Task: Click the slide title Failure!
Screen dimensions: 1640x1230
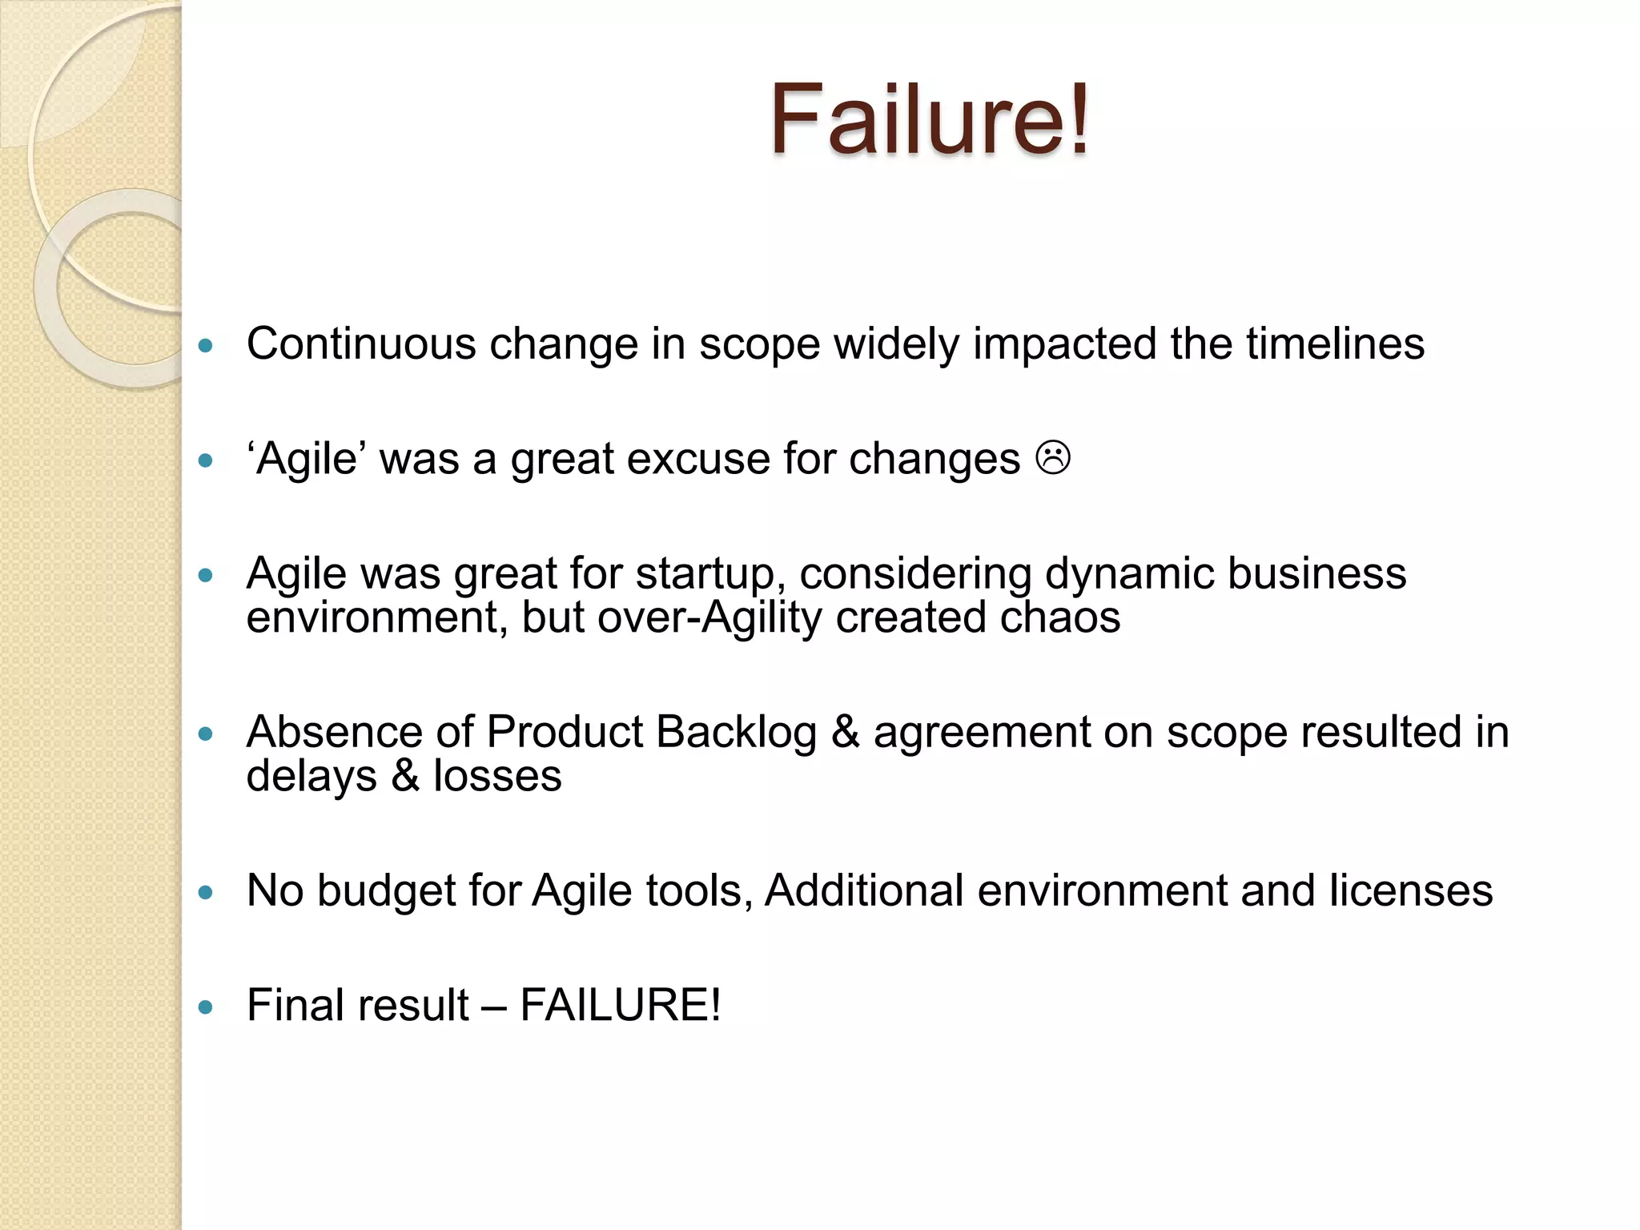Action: (x=929, y=120)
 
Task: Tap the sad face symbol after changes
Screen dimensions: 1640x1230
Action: (x=1053, y=458)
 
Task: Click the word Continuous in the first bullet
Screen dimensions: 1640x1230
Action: (x=361, y=344)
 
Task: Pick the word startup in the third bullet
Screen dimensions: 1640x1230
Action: (x=705, y=575)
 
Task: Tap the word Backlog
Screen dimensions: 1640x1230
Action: (x=736, y=732)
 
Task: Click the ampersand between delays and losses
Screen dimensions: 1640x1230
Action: (x=405, y=775)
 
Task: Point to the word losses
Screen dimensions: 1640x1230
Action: (x=497, y=775)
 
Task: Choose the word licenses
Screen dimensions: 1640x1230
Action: (x=1411, y=890)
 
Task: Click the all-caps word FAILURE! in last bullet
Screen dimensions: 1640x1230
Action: (x=620, y=1005)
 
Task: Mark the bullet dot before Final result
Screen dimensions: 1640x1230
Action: (x=206, y=1007)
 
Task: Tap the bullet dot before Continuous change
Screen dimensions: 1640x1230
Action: (x=206, y=346)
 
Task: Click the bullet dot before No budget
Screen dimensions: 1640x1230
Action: (x=206, y=893)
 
